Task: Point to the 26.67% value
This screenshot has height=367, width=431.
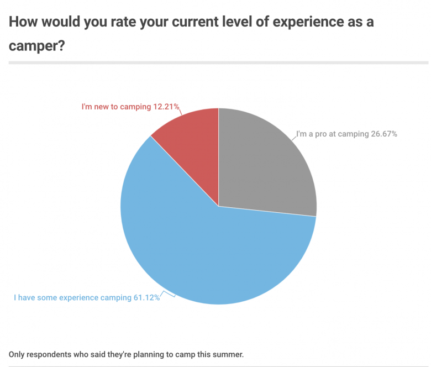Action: [x=383, y=134]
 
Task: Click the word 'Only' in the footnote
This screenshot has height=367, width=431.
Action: [x=17, y=354]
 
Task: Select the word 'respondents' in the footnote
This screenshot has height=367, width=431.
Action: [x=48, y=354]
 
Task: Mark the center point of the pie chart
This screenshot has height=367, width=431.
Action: [x=219, y=206]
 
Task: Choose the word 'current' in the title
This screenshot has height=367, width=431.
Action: [x=166, y=23]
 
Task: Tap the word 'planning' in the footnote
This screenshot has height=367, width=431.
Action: [x=153, y=354]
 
